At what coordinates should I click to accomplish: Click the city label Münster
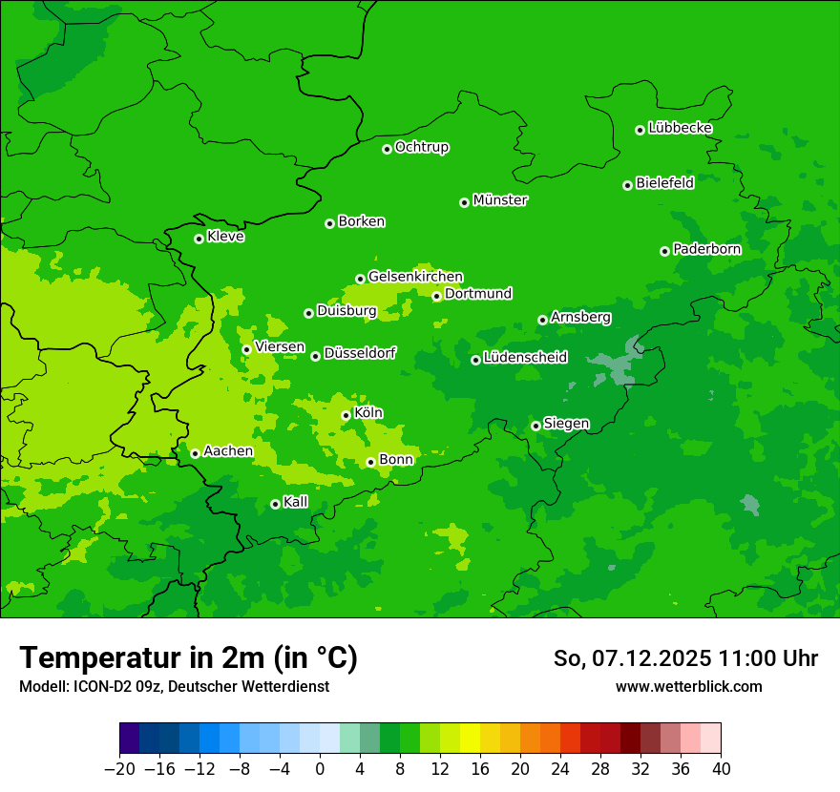[x=500, y=200]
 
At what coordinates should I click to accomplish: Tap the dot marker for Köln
[x=346, y=415]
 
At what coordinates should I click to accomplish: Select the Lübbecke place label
[x=680, y=128]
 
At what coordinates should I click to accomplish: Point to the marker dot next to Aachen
[x=195, y=453]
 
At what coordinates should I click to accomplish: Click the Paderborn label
[x=706, y=249]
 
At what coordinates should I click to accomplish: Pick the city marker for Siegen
[x=535, y=426]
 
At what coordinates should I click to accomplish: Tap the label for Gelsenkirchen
[x=415, y=277]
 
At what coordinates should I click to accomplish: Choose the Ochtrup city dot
[x=387, y=149]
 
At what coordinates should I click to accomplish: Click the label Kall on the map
[x=296, y=502]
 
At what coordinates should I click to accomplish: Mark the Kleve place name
[x=225, y=237]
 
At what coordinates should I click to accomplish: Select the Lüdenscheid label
[x=525, y=358]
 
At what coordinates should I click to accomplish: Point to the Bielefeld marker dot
[x=627, y=185]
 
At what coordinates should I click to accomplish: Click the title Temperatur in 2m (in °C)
[x=188, y=657]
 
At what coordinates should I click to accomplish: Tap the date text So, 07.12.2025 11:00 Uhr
[x=685, y=658]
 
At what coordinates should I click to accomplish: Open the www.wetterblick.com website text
[x=688, y=686]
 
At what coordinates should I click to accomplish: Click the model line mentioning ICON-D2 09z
[x=174, y=686]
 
